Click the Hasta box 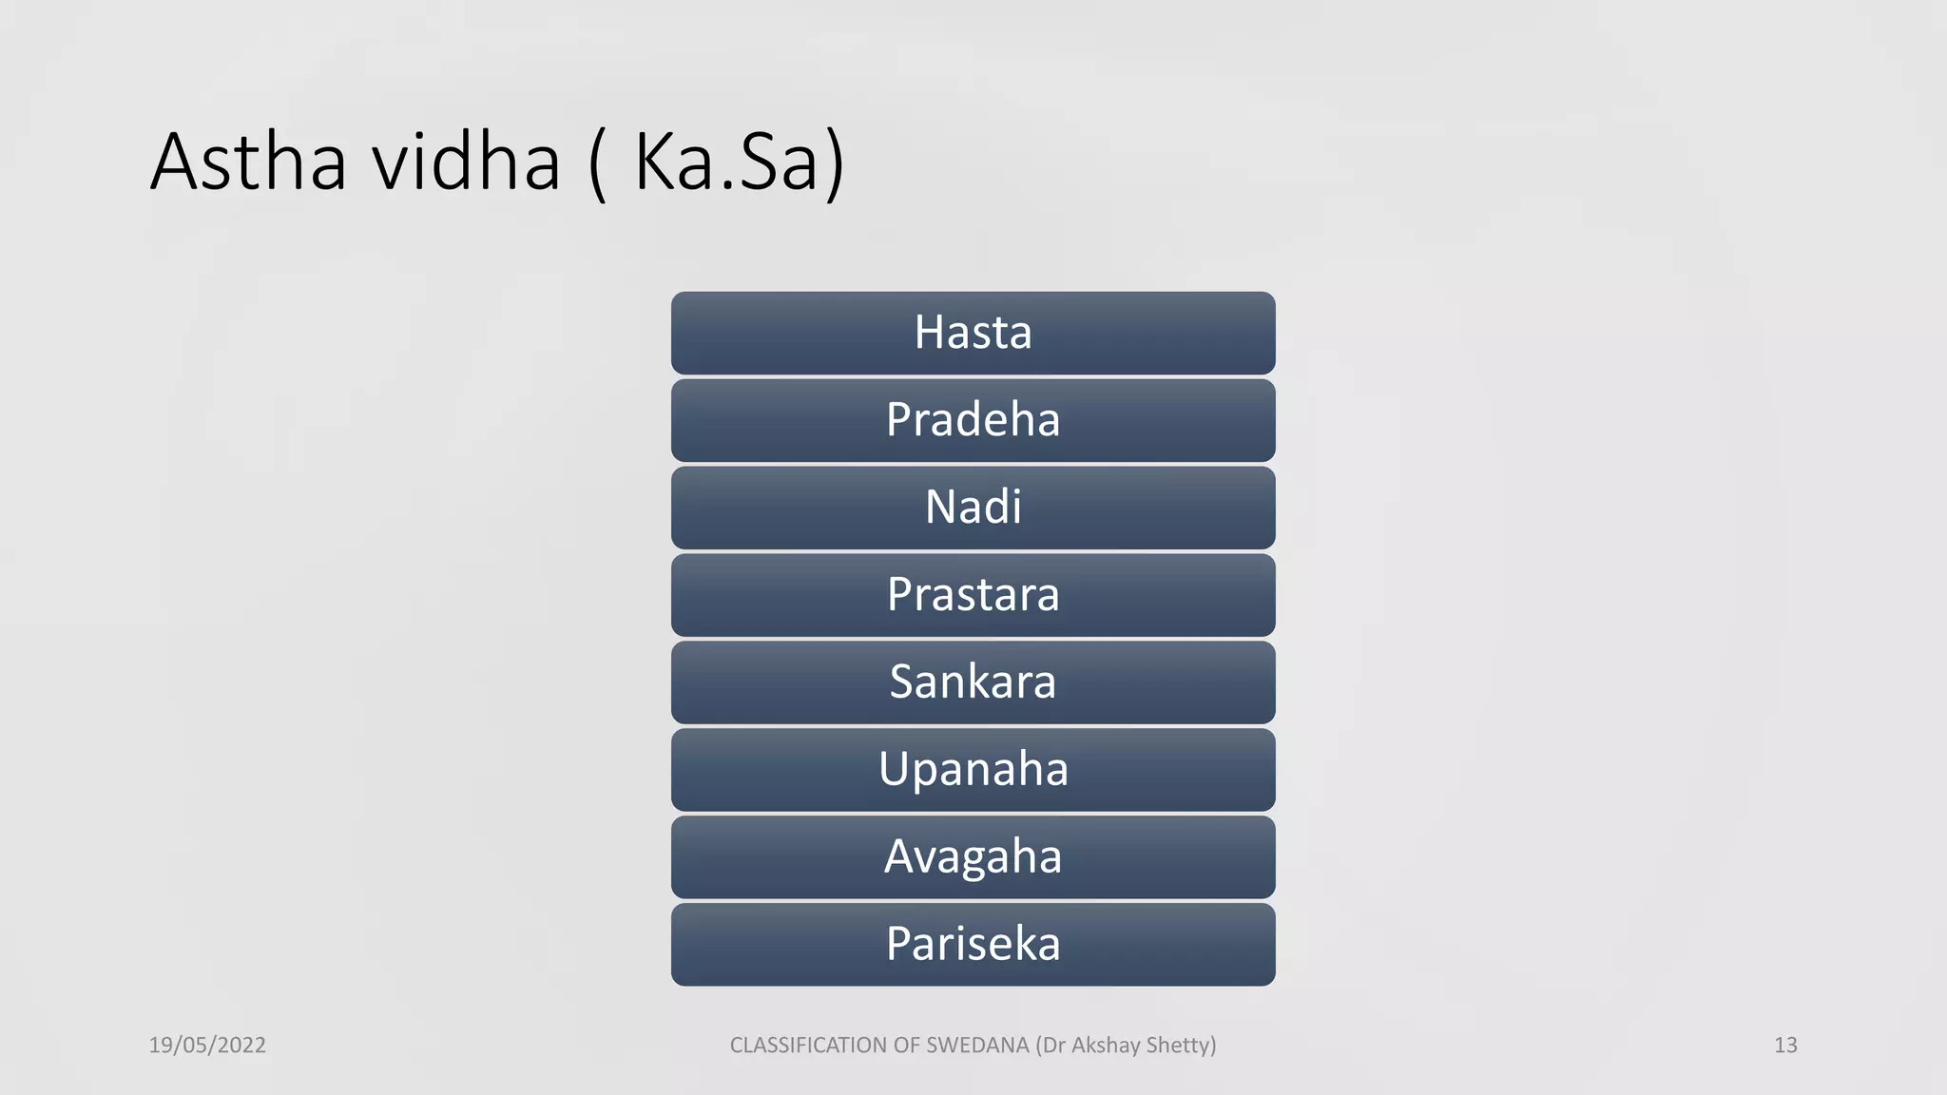[973, 333]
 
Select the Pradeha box [973, 420]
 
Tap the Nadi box [973, 508]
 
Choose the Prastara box [973, 595]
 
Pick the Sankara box [973, 682]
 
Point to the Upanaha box [973, 770]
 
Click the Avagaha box [973, 857]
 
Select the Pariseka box [973, 945]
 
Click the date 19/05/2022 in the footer [207, 1045]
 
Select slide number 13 [1785, 1045]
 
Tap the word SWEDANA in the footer [977, 1045]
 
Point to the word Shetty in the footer [1178, 1045]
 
